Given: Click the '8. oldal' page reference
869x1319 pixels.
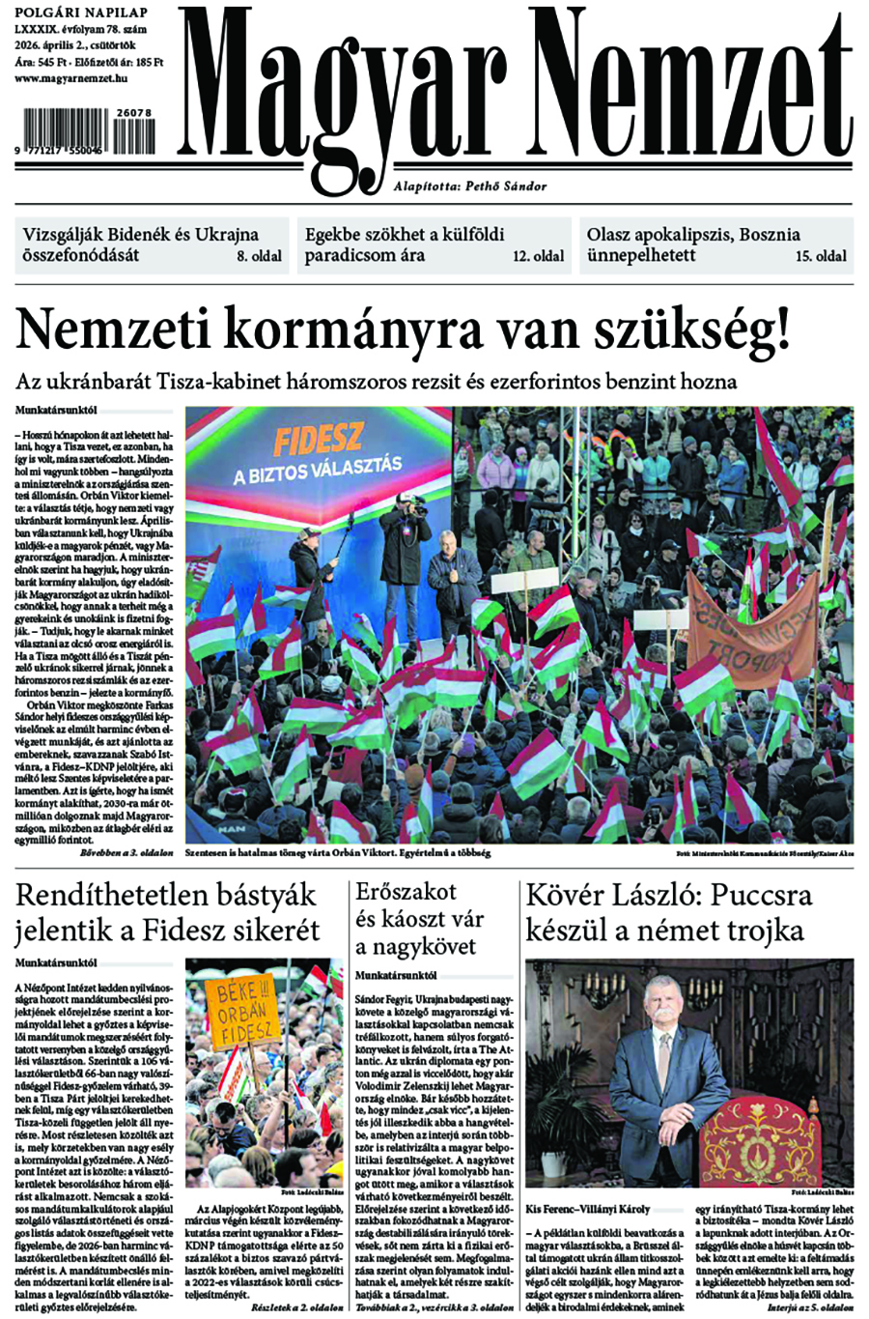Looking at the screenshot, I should click(x=260, y=256).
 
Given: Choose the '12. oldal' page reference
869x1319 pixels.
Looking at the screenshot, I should click(x=539, y=256).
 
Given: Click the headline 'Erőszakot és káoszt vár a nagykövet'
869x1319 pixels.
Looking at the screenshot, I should click(x=419, y=918).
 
